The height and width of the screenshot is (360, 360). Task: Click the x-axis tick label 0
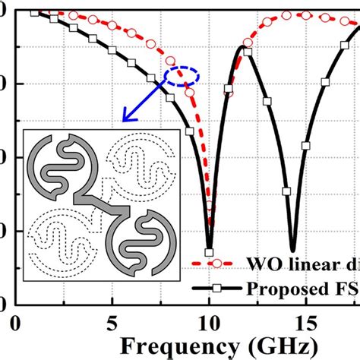16,324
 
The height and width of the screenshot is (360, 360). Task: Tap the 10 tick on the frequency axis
209,324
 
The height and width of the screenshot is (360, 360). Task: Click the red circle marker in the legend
216,264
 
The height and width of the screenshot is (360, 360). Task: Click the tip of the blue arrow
124,121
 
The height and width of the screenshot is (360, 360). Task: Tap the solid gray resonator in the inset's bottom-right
141,242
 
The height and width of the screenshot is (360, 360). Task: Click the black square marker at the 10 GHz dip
210,252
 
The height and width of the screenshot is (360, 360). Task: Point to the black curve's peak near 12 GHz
243,48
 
